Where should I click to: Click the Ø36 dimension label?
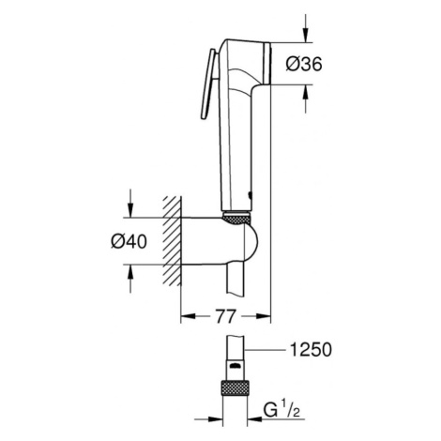[304, 64]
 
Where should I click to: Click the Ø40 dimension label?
[129, 241]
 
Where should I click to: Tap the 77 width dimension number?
[225, 316]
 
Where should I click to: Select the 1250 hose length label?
[311, 350]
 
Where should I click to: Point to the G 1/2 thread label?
[281, 410]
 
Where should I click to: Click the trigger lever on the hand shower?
[207, 84]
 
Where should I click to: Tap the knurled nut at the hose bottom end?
[235, 388]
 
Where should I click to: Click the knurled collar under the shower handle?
[236, 218]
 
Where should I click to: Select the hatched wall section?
[172, 241]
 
